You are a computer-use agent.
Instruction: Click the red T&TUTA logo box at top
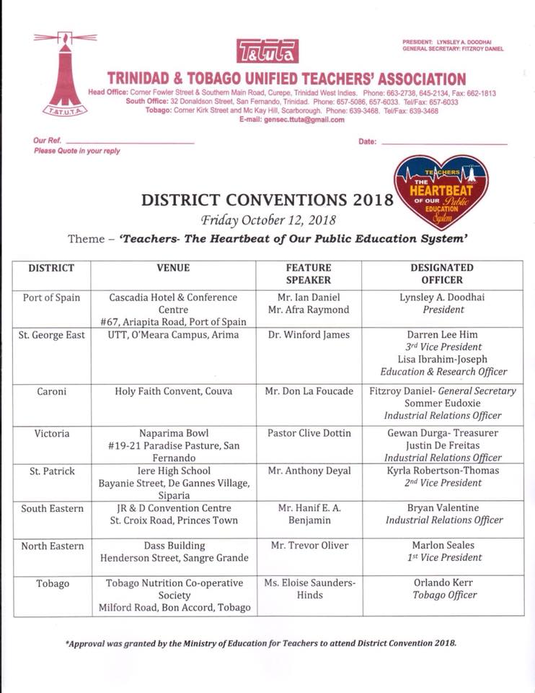[267, 51]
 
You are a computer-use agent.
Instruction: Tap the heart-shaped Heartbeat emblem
[441, 192]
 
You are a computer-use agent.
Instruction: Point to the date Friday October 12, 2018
[268, 219]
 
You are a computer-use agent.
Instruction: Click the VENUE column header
[173, 268]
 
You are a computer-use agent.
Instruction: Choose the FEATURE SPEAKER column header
[309, 274]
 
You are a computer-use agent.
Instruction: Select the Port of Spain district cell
[52, 297]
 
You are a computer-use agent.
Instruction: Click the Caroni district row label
[52, 391]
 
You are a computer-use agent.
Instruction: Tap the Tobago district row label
[52, 583]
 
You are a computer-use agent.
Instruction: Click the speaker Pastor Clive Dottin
[309, 433]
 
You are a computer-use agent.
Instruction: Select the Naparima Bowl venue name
[173, 433]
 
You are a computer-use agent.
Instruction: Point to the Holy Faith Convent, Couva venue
[173, 391]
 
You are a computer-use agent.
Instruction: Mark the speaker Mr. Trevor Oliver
[309, 545]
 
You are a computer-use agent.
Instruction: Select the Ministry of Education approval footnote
[261, 642]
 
